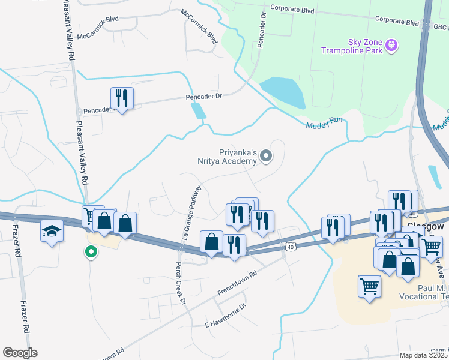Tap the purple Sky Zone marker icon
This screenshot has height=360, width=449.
coord(391,44)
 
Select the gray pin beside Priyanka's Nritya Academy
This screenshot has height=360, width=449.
coord(267,157)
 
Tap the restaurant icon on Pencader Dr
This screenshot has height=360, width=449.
coord(122,98)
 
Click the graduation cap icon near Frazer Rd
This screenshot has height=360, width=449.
coord(52,231)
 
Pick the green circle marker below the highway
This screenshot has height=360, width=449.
coord(91,252)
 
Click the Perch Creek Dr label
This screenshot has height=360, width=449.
coord(179,282)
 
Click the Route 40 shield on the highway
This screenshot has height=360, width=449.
coord(291,247)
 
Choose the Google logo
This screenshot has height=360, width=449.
coord(20,353)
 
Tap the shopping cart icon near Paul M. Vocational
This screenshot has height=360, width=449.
coord(369,286)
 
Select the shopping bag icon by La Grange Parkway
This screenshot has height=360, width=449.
coord(211,242)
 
